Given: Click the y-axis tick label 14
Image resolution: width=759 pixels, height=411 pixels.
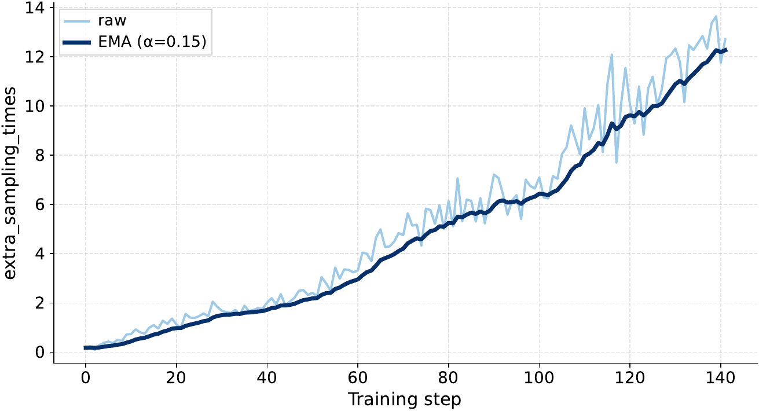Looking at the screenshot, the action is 35,8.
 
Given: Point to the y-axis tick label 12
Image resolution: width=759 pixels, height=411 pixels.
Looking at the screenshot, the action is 35,57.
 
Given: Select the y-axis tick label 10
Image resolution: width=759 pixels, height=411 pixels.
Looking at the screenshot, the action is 35,106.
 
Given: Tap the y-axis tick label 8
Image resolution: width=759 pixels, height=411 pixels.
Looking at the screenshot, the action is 39,155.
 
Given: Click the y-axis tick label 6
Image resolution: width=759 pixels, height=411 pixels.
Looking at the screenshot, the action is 39,204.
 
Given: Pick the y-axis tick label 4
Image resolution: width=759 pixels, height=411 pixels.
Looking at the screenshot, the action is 39,254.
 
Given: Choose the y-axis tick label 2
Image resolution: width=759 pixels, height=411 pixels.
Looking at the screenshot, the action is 39,303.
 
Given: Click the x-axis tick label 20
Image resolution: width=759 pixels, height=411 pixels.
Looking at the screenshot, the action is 176,377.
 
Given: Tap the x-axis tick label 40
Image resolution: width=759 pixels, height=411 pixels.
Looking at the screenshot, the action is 267,377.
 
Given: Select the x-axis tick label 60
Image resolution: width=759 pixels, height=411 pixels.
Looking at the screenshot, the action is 357,377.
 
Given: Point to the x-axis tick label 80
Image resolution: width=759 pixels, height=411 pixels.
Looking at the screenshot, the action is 448,377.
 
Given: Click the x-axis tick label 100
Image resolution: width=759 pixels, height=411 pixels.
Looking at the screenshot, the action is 539,377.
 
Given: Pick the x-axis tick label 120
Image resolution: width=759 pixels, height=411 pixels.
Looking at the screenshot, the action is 629,377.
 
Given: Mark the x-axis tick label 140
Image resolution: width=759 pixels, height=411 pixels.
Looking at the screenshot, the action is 720,377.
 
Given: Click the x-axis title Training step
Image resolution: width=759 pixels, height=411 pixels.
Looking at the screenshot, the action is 405,399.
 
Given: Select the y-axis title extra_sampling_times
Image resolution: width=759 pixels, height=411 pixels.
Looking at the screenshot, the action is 10,183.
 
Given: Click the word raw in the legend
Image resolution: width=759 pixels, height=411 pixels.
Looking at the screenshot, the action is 112,21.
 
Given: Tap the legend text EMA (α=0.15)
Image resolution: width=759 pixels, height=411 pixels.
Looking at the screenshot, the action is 152,42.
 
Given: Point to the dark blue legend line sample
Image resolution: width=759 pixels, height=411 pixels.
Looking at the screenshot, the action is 77,42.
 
